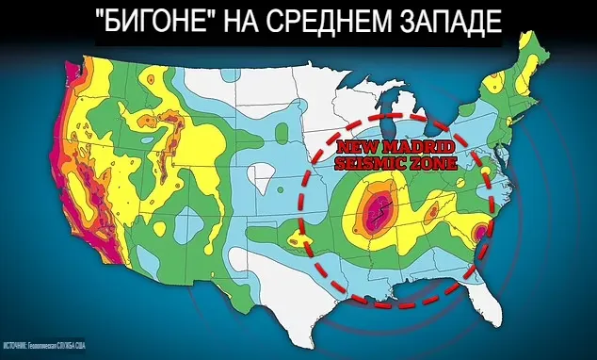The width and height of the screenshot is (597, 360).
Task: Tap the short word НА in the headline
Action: (242, 25)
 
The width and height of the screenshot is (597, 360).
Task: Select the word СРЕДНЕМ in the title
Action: (331, 25)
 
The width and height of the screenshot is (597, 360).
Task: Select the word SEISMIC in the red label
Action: (369, 164)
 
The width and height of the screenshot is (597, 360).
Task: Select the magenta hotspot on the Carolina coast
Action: (481, 229)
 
